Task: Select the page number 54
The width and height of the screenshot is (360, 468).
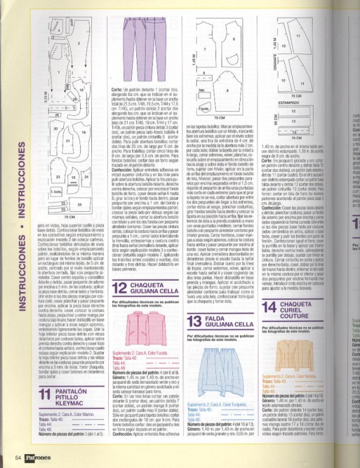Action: (18, 457)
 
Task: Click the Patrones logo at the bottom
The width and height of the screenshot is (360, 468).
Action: (41, 457)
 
